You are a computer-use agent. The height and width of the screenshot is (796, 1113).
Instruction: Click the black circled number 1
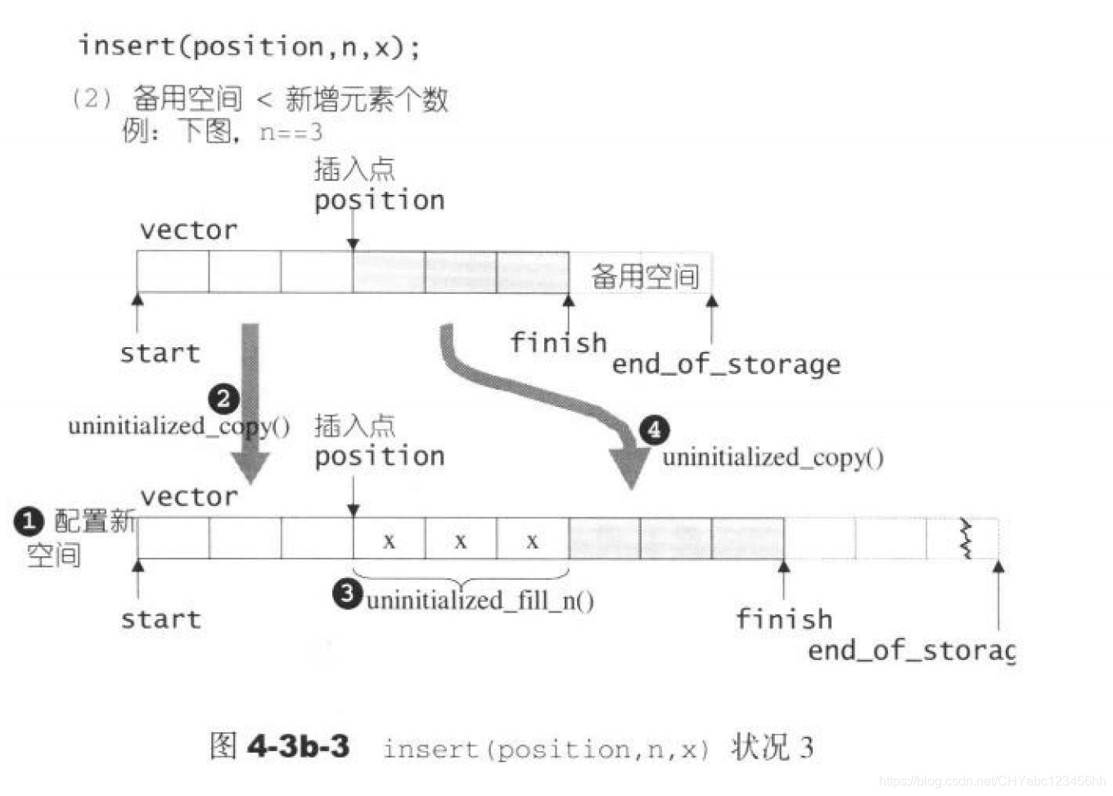click(29, 522)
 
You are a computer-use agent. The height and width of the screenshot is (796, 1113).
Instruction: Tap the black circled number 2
click(223, 399)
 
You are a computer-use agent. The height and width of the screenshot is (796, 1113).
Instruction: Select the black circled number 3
click(347, 593)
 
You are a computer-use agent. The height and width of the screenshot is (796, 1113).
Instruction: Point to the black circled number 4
click(654, 430)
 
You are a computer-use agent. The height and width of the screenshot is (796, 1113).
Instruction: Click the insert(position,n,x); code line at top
click(249, 46)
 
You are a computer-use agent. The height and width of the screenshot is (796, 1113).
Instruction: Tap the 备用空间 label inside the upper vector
click(645, 276)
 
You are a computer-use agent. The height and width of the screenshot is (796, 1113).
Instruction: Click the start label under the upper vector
click(160, 353)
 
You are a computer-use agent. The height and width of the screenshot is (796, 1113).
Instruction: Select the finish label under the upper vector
click(558, 342)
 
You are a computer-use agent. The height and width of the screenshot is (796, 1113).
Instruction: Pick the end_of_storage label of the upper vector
click(726, 364)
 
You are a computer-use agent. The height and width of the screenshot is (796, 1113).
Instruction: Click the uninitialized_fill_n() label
click(480, 600)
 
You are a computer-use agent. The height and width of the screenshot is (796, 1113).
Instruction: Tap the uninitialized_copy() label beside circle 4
click(773, 457)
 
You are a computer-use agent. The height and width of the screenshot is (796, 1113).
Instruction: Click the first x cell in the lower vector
click(389, 540)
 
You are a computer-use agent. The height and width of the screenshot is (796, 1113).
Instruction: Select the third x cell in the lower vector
click(532, 540)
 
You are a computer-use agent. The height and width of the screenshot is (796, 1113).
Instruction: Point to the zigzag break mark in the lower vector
click(967, 538)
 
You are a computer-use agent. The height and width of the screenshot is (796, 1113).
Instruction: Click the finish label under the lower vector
click(783, 618)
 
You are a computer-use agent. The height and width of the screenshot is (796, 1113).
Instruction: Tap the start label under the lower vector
click(160, 619)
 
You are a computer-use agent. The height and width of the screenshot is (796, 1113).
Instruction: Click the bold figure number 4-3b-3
click(298, 746)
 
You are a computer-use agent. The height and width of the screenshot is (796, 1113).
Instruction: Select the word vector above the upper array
click(188, 230)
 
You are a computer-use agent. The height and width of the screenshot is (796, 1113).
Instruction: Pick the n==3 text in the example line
click(291, 132)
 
